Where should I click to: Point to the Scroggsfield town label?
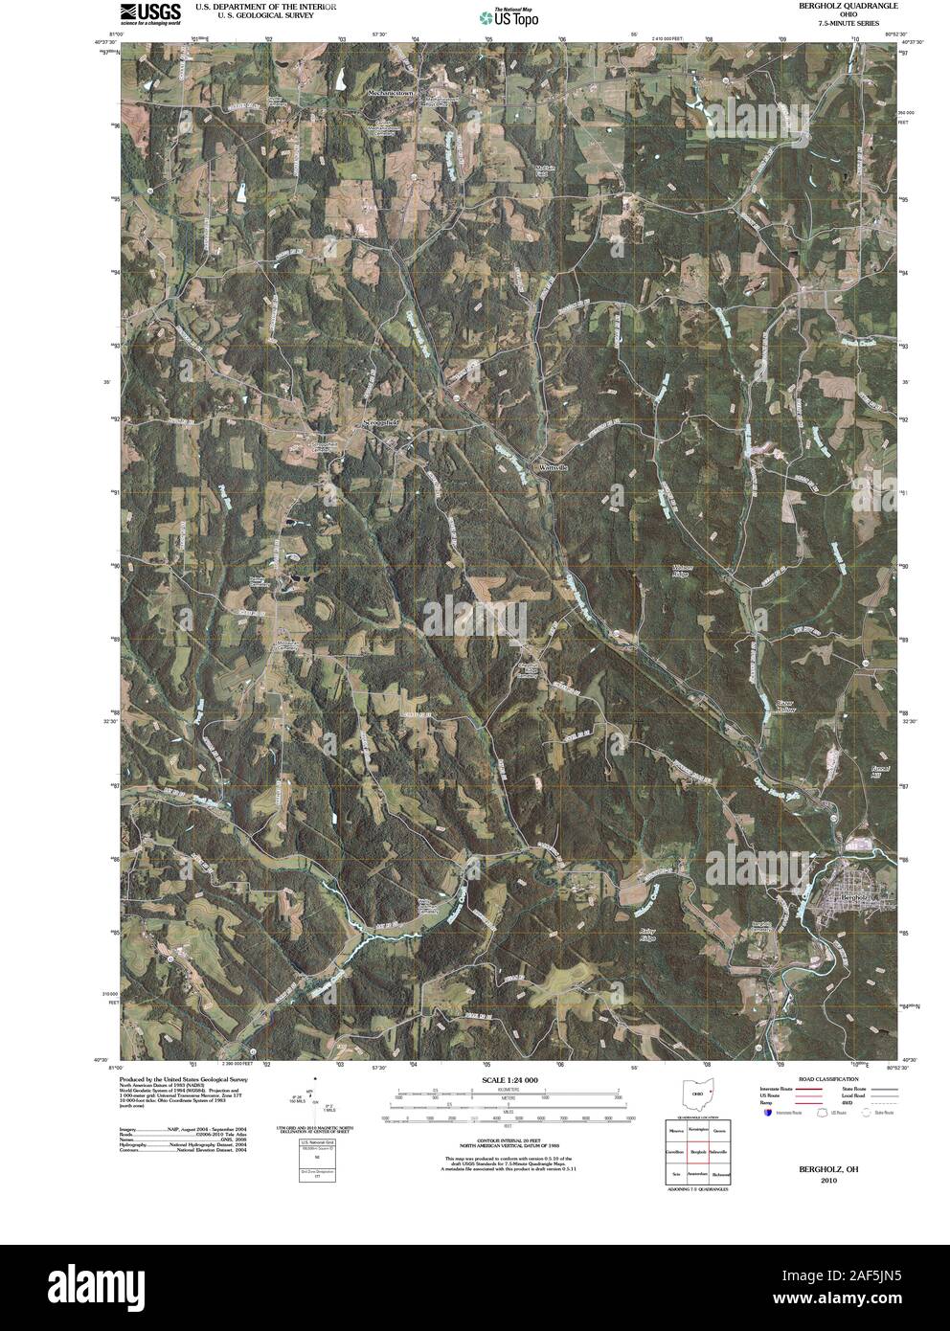(x=380, y=421)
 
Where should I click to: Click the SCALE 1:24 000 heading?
(x=505, y=1080)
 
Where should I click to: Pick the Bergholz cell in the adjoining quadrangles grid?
(x=697, y=1151)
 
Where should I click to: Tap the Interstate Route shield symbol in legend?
(x=767, y=1114)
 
